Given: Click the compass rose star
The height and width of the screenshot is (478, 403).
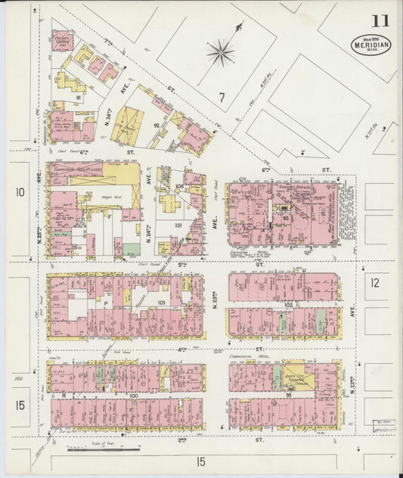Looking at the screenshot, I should click(220, 52).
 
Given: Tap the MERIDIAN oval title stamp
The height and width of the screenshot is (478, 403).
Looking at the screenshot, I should click(370, 44).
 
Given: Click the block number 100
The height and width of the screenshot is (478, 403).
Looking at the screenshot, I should click(133, 395).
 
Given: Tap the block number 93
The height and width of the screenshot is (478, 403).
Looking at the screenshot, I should click(286, 218).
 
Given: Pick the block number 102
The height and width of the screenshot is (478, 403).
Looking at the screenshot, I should click(288, 305).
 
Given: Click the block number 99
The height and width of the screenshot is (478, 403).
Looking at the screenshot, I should click(288, 395).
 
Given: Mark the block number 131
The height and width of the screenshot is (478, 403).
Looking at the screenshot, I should click(179, 225).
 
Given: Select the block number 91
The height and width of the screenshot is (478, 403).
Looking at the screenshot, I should click(78, 98).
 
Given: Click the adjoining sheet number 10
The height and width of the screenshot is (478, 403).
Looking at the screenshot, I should click(20, 192).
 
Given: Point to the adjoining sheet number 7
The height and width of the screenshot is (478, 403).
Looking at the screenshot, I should click(222, 96).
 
